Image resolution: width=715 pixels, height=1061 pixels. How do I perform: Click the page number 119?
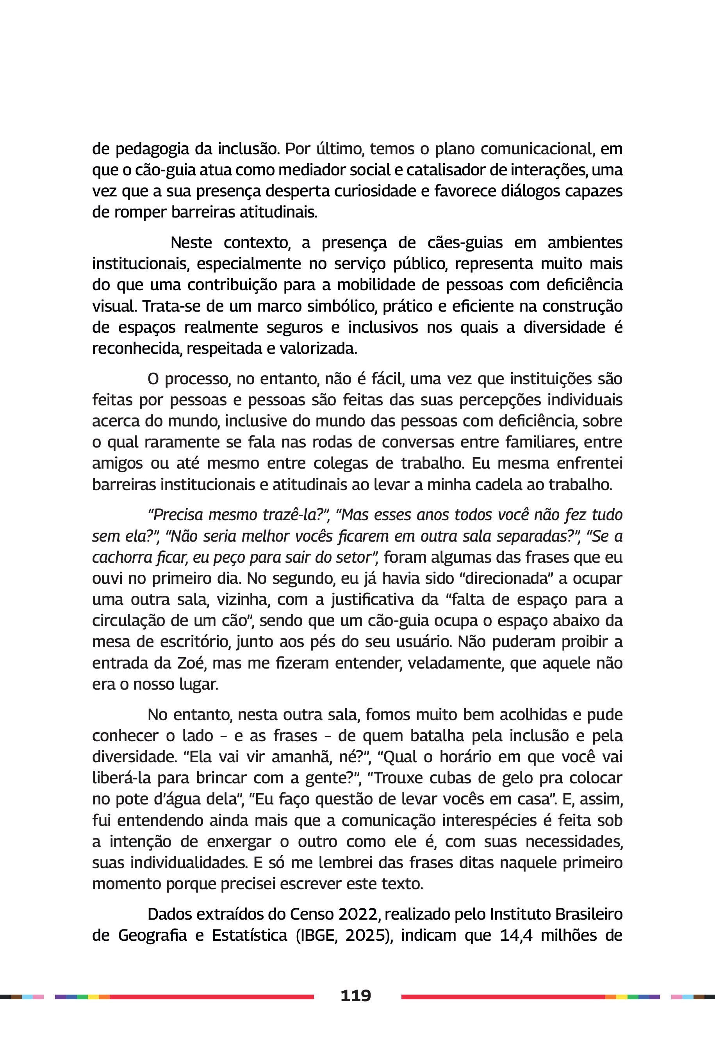pyautogui.click(x=356, y=995)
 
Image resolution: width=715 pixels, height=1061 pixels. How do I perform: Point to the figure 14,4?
pyautogui.click(x=516, y=935)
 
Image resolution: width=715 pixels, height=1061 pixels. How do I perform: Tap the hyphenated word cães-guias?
pyautogui.click(x=465, y=243)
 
